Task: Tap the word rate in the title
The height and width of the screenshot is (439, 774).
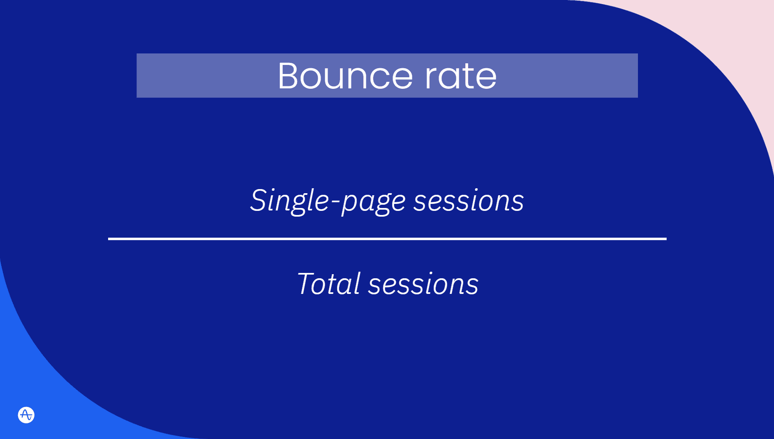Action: pos(460,76)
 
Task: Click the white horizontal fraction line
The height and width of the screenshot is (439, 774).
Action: pos(387,238)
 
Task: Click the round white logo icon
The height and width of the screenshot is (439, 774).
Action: pos(26,415)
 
